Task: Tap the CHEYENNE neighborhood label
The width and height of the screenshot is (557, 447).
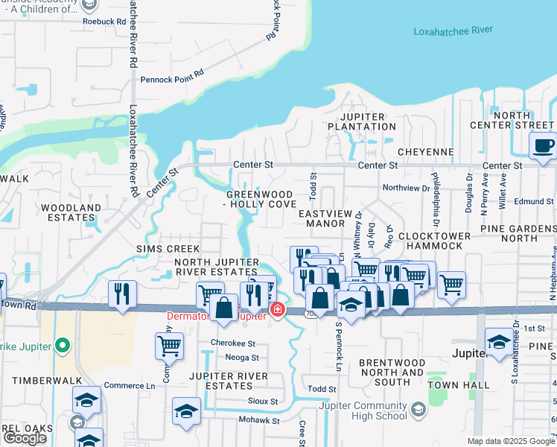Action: pos(425,152)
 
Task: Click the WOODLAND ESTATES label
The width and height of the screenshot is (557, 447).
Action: pos(71,213)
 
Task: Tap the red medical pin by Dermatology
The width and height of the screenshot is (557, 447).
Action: pos(277,309)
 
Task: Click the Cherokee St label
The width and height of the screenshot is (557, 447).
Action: pos(232,343)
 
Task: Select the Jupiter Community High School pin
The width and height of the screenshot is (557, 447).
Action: pos(418,409)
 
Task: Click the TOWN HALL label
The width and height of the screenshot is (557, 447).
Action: pos(465,384)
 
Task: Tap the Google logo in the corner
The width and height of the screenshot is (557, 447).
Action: pos(25,438)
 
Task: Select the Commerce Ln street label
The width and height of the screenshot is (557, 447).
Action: pos(129,385)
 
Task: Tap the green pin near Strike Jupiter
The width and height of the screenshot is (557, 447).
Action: pos(63,346)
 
